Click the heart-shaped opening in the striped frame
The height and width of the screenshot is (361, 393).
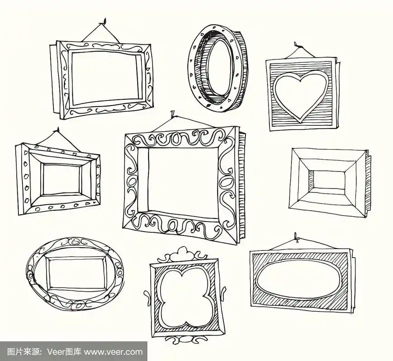pyautogui.click(x=301, y=95)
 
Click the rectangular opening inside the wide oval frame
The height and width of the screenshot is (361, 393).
pyautogui.click(x=78, y=274)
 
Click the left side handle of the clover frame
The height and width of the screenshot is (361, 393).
pyautogui.click(x=148, y=296)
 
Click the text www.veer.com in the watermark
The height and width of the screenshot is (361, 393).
pyautogui.click(x=113, y=352)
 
